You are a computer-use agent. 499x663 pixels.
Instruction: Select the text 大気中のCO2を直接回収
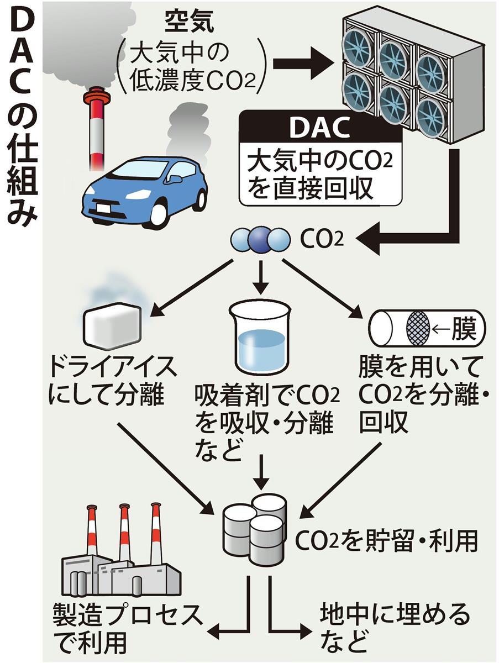point(321,175)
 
